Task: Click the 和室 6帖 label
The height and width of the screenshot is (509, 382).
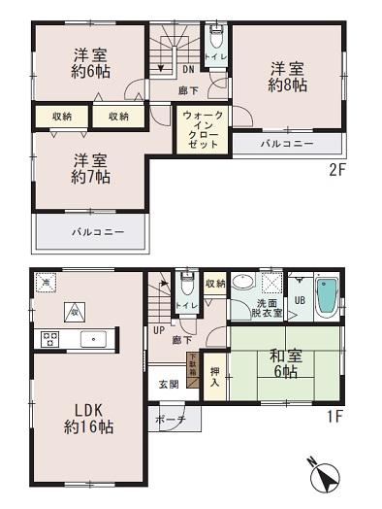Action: [x=279, y=367]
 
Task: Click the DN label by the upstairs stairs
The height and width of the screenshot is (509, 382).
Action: [x=187, y=68]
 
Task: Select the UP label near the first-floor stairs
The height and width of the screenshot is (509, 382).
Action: [x=157, y=329]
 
